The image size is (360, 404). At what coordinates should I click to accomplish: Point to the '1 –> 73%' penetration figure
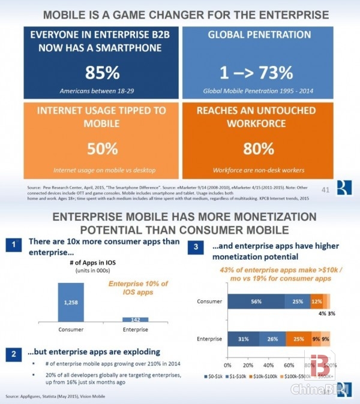point(259,73)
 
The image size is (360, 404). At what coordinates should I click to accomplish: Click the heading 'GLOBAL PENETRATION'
point(259,35)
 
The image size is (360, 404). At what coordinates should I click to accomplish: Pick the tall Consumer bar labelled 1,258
point(71,303)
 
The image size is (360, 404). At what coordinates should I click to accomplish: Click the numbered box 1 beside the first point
point(12,244)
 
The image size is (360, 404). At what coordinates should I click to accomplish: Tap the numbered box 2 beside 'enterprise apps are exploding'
point(12,352)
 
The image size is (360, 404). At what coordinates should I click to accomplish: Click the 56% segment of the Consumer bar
point(256,302)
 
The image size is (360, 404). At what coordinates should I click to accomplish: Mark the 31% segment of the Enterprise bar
point(242,339)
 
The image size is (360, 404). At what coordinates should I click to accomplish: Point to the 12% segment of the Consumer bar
point(316,302)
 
